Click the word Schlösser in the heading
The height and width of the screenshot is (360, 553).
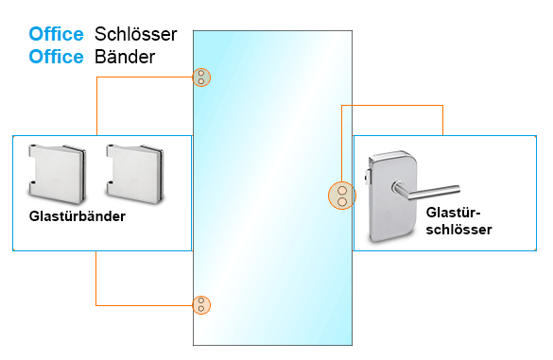136,34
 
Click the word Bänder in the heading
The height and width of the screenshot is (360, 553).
125,57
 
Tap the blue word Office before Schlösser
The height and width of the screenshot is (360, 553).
56,34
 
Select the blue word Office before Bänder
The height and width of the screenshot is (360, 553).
56,57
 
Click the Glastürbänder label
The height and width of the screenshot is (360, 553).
77,216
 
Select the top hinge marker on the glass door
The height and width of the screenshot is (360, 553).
201,77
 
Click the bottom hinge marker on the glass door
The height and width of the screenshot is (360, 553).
201,304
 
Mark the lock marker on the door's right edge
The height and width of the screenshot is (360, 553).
341,196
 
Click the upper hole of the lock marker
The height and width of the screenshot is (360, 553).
341,190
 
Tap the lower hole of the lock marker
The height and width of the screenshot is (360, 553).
341,201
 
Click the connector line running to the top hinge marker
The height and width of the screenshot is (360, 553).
142,77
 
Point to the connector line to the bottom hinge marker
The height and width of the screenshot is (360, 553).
142,304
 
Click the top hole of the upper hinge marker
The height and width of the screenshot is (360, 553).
201,73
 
